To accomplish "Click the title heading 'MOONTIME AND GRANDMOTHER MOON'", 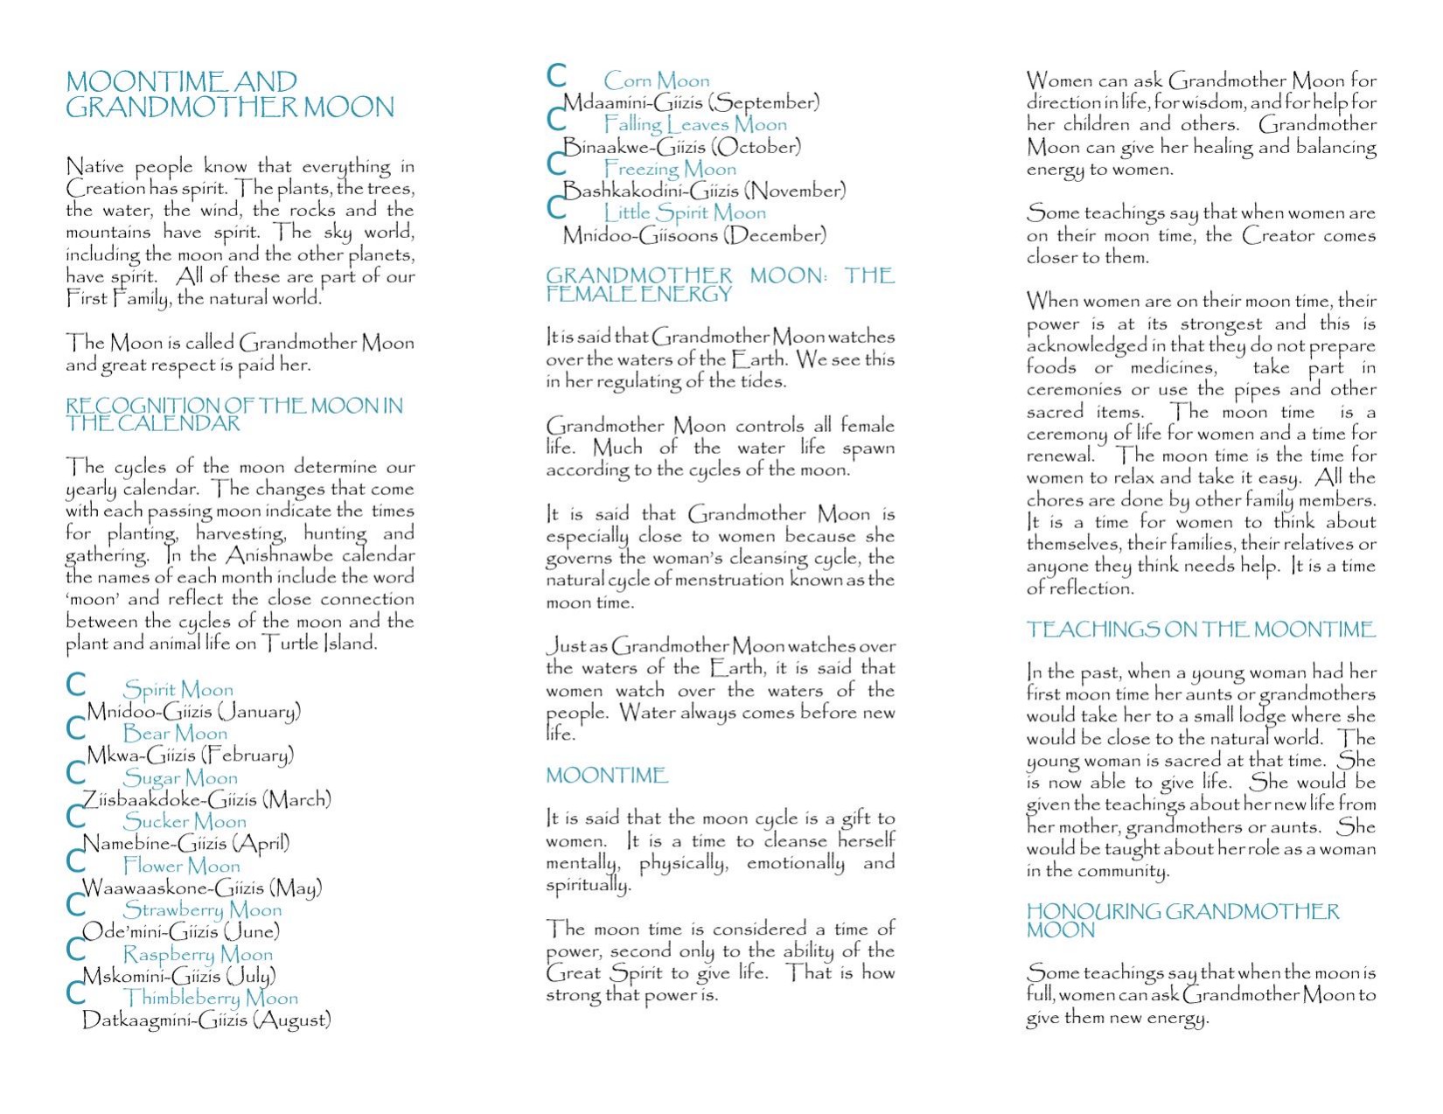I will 230,94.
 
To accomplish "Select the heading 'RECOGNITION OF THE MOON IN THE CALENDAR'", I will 234,414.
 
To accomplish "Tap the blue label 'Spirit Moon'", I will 178,690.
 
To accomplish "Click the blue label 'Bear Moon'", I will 175,734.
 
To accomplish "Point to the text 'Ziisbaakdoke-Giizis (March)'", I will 206,799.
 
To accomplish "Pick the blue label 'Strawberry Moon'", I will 202,910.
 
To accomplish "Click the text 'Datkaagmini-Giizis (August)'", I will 206,1020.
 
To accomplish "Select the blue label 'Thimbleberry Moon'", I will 211,998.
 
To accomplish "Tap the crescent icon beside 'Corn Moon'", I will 556,76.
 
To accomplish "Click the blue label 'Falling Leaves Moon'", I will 695,125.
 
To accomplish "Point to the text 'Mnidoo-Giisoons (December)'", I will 694,235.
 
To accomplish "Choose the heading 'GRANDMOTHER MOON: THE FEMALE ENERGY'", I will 720,285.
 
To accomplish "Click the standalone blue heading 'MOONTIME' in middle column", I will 606,776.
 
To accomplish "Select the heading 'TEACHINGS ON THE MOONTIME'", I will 1201,630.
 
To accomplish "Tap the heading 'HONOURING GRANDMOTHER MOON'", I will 1182,921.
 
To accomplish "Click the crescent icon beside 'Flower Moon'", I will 76,861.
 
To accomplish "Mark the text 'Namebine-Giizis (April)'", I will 185,844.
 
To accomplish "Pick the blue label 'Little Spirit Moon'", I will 685,212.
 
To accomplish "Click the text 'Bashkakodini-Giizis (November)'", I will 704,191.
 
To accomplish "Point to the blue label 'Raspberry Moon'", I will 198,954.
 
